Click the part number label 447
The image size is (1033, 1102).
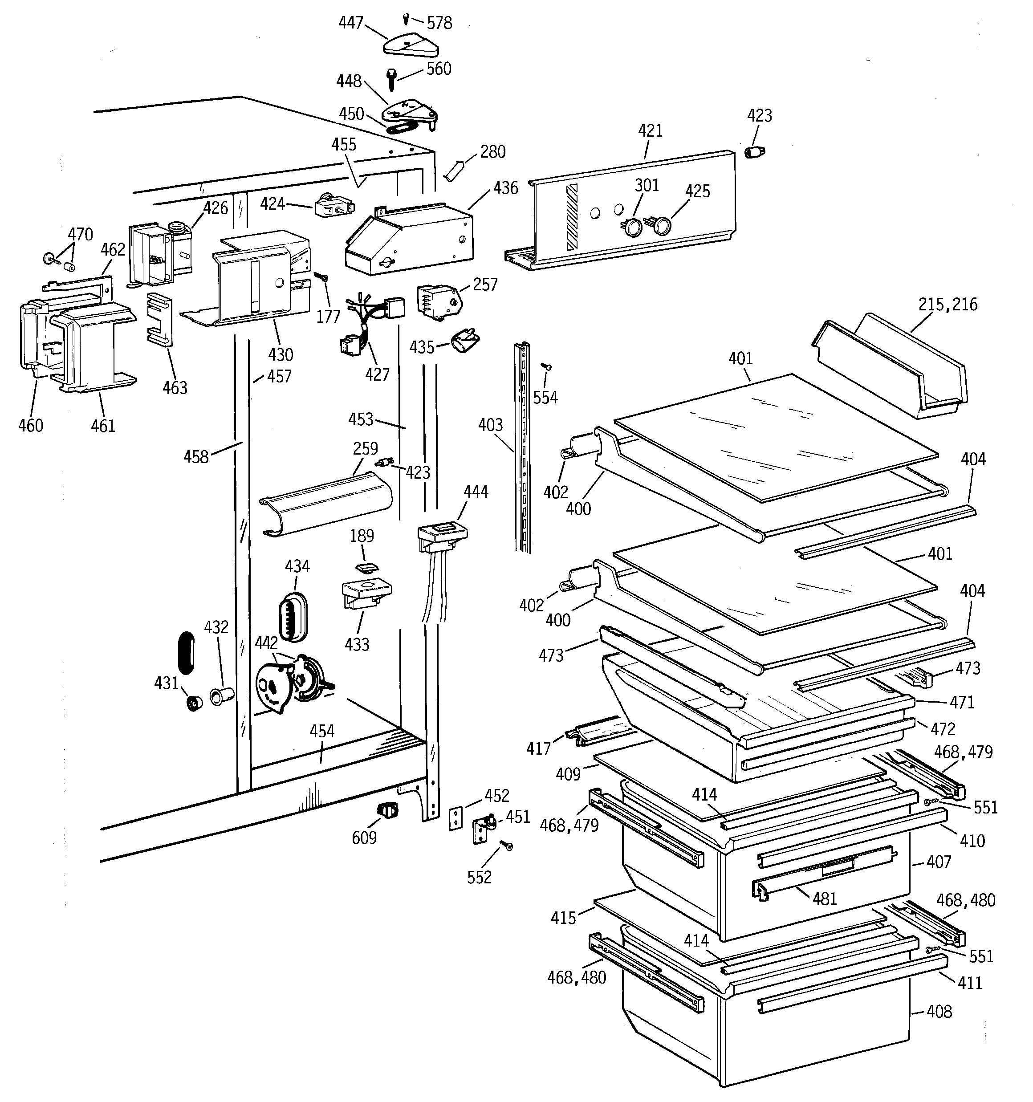(350, 23)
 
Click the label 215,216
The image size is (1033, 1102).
(948, 304)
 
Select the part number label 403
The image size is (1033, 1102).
(490, 425)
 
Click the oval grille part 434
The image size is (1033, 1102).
(292, 616)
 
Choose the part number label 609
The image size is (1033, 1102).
(364, 838)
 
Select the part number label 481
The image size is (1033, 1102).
(825, 899)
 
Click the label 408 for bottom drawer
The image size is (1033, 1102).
(939, 1012)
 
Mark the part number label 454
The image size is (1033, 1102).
(321, 731)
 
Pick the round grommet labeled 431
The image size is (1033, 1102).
(195, 703)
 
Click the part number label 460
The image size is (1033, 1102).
(30, 425)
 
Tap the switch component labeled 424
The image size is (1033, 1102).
(333, 208)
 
